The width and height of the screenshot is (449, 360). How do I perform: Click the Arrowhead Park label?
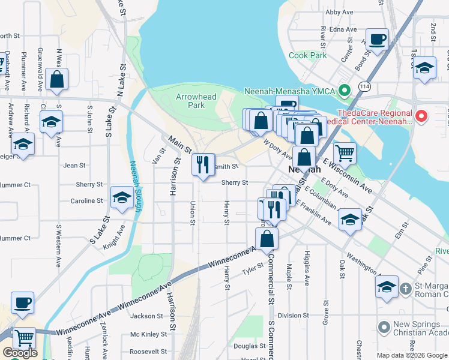190,100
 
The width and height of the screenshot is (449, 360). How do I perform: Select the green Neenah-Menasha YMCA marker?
344,91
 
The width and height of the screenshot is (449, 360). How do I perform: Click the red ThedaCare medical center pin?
421,116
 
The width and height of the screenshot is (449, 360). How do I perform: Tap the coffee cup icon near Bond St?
376,40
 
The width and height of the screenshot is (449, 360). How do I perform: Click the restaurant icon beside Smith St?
203,164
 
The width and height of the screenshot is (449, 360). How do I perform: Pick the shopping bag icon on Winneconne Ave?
267,238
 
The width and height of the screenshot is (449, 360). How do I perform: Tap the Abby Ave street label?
339,12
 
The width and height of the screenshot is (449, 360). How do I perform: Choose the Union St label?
193,213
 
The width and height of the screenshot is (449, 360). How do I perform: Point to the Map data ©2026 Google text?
411,355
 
